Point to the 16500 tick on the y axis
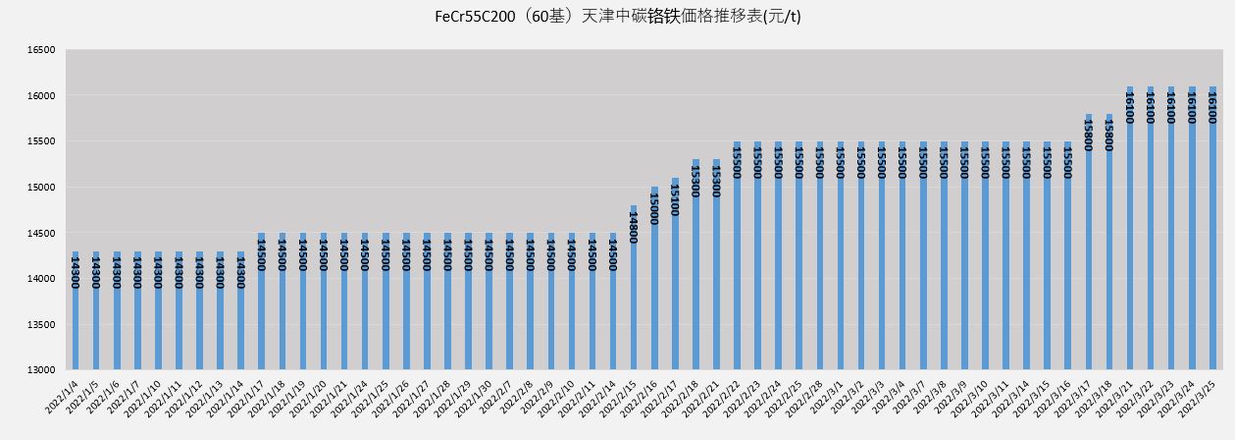(x=41, y=50)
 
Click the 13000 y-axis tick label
(x=41, y=370)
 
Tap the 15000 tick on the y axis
(x=41, y=188)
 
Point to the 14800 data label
(x=634, y=226)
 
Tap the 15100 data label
(x=675, y=197)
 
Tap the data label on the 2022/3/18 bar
(x=1108, y=136)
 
